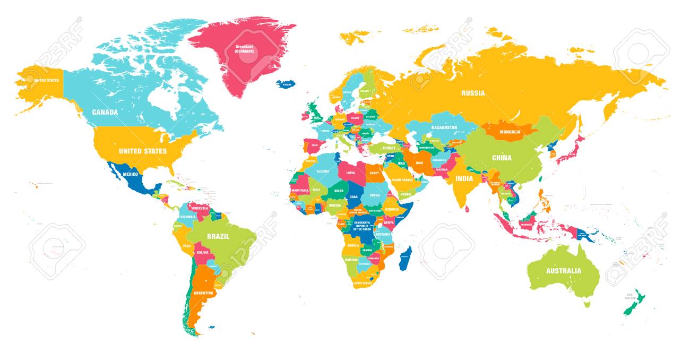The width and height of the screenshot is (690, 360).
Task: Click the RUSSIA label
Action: [x=472, y=93]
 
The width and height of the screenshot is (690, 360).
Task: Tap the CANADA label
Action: [x=105, y=112]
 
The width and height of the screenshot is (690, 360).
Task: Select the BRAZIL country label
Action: [x=218, y=237]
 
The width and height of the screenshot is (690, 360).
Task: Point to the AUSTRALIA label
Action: [x=563, y=270]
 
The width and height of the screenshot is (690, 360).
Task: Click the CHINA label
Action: [x=502, y=158]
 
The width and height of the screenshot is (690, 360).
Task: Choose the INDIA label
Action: [x=464, y=179]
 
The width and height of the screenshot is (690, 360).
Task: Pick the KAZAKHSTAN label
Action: [x=444, y=128]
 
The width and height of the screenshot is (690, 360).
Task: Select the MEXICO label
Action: [x=130, y=174]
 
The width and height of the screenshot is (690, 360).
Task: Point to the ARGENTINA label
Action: [x=203, y=293]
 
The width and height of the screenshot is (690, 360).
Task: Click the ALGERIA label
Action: [x=323, y=171]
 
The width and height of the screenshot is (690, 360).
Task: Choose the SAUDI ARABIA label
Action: [x=402, y=180]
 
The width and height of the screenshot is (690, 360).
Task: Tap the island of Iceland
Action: [x=287, y=84]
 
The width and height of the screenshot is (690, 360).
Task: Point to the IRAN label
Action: [x=419, y=163]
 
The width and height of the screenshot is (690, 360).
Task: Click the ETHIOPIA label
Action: [x=392, y=209]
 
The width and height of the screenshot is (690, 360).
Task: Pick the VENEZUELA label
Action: [x=203, y=209]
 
